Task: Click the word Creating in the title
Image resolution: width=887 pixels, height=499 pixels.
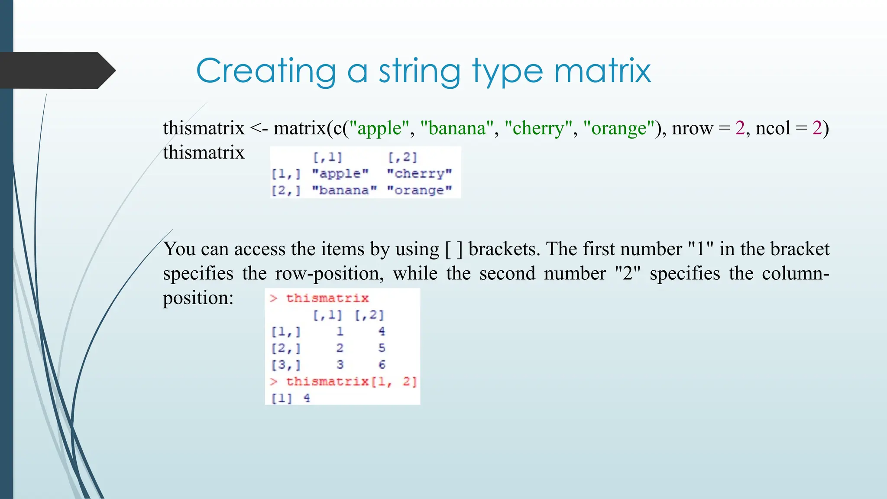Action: click(x=266, y=71)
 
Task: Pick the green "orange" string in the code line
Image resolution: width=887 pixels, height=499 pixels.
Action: click(x=619, y=128)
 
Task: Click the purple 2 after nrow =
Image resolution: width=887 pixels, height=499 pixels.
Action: click(x=740, y=128)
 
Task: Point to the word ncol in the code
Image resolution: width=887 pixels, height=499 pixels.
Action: click(x=773, y=128)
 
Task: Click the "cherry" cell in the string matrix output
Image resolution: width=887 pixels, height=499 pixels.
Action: click(x=419, y=174)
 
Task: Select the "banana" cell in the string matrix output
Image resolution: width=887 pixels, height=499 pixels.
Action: click(x=344, y=190)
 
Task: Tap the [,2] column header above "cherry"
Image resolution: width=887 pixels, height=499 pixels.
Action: click(x=402, y=157)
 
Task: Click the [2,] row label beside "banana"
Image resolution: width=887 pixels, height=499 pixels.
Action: click(x=286, y=190)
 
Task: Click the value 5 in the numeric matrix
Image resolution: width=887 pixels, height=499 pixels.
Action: click(x=382, y=348)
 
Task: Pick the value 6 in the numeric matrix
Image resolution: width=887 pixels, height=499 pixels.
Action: click(x=382, y=365)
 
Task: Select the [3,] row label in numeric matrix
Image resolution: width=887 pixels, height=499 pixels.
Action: click(x=286, y=365)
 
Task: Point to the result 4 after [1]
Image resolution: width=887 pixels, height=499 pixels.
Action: click(x=307, y=398)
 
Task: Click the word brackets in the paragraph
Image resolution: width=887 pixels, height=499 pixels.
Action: click(x=504, y=249)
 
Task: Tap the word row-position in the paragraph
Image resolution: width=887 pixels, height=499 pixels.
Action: click(x=329, y=274)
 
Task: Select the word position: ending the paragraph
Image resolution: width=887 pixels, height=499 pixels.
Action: click(x=198, y=298)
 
